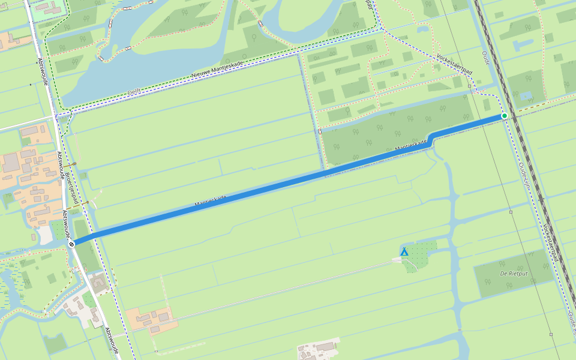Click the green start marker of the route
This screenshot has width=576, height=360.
click(505, 115)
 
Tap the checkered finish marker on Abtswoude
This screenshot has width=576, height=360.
click(72, 244)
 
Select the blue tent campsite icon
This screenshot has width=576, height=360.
click(404, 251)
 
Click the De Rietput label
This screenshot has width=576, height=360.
click(512, 274)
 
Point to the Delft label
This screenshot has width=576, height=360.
click(134, 92)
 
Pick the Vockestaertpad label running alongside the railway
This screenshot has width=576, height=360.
click(550, 242)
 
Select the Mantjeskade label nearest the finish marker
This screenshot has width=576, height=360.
click(210, 201)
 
